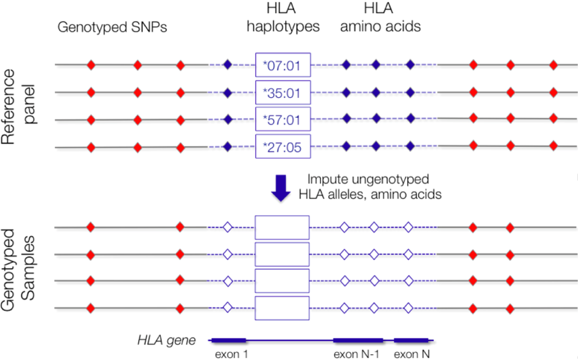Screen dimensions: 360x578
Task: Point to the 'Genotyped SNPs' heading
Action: click(x=113, y=28)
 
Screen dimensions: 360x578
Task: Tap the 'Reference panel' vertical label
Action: click(x=19, y=106)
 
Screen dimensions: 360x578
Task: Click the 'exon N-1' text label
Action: click(x=357, y=354)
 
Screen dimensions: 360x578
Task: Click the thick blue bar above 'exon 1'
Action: click(x=228, y=340)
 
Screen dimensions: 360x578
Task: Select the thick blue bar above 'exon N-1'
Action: click(x=358, y=340)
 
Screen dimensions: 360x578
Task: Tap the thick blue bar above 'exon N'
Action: click(x=411, y=340)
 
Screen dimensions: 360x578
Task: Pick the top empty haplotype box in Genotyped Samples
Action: click(x=282, y=228)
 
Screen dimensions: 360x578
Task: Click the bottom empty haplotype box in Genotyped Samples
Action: click(x=282, y=308)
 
